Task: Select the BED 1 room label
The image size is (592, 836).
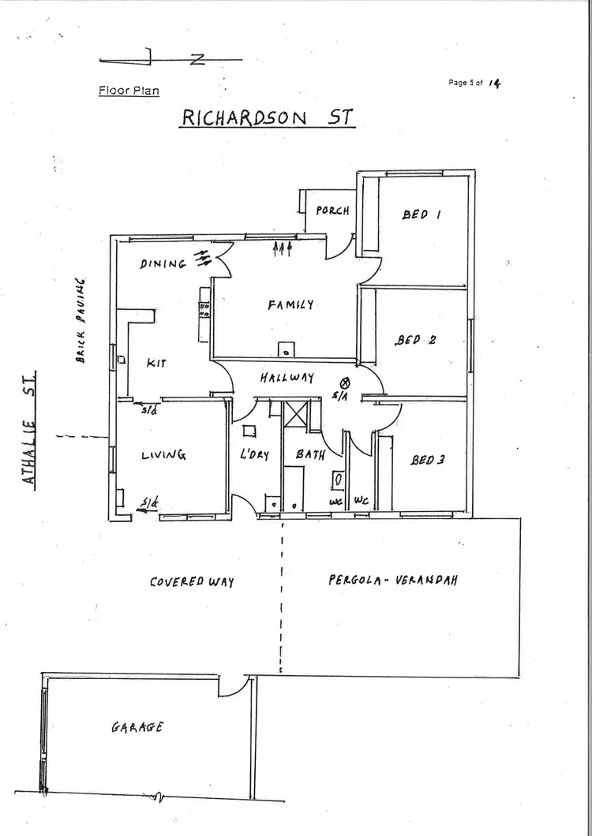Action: point(421,214)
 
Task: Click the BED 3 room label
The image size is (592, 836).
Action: point(427,459)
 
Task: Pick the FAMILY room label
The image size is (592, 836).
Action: point(290,304)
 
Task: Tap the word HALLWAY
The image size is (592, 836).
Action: point(287,378)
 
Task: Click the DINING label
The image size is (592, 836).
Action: point(163,264)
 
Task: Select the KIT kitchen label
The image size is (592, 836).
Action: point(156,363)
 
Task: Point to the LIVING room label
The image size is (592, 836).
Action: point(163,455)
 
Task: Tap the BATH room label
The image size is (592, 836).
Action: point(310,455)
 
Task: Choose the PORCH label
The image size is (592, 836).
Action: point(332,211)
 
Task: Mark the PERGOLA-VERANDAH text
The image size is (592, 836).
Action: point(393,580)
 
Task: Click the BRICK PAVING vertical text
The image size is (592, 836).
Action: point(80,319)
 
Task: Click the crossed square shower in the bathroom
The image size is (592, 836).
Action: point(298,414)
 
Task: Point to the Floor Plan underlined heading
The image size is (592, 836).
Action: point(129,90)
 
